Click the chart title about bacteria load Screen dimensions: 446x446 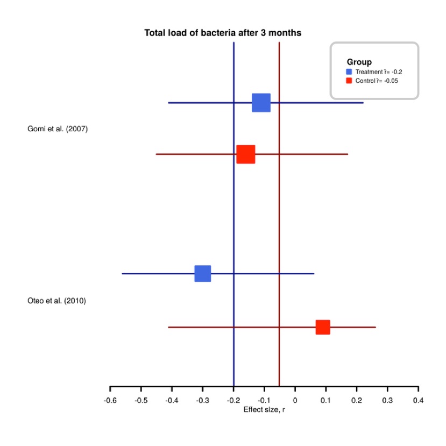223,33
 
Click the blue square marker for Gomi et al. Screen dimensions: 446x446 261,102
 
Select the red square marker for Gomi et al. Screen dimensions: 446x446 245,154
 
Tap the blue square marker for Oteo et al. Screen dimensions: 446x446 202,273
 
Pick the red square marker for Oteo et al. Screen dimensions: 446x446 322,327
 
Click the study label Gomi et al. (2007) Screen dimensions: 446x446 57,129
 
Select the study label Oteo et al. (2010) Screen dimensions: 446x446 56,301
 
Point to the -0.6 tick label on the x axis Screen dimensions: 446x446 110,400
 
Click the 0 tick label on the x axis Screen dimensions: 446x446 295,400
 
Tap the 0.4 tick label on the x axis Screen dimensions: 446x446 418,400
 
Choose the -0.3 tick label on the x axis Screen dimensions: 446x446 202,400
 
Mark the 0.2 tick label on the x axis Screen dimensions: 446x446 356,400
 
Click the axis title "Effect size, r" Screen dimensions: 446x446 264,409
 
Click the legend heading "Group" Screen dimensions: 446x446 359,62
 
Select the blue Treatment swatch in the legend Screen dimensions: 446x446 349,72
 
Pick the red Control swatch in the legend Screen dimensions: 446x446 349,81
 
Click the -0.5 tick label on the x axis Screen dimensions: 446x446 140,400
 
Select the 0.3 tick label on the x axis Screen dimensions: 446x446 387,400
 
